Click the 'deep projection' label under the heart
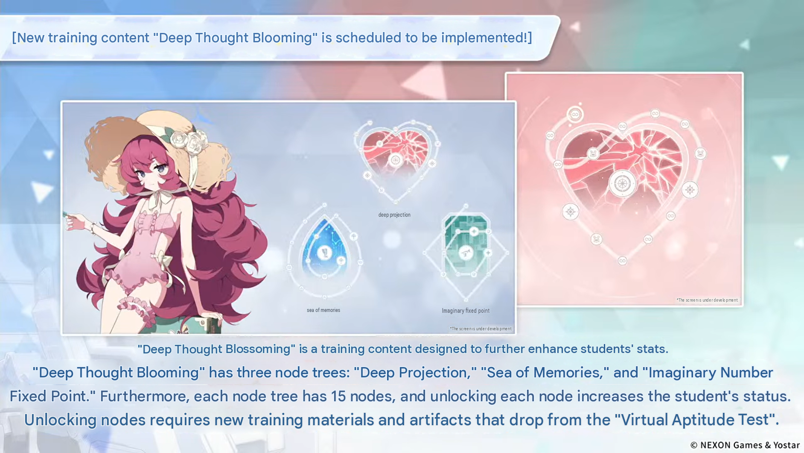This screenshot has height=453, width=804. pyautogui.click(x=394, y=215)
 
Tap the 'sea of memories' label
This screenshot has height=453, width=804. pyautogui.click(x=323, y=310)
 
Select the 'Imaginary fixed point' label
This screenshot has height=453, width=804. pyautogui.click(x=466, y=311)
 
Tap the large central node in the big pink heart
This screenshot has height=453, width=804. pyautogui.click(x=622, y=184)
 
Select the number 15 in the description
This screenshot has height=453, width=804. pyautogui.click(x=338, y=396)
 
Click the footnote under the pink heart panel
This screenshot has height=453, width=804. pyautogui.click(x=707, y=300)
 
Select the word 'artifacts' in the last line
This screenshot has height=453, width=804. pyautogui.click(x=440, y=420)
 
